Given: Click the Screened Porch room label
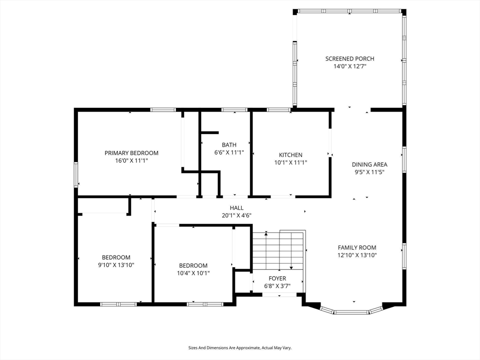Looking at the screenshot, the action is pos(350,59).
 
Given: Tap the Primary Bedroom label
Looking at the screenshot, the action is pos(131,153).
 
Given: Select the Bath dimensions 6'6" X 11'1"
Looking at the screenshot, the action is pos(229,152).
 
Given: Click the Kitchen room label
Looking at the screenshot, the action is pos(291,155).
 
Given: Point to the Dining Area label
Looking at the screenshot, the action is pos(369,165).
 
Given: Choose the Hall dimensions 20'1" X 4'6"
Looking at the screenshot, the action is pos(237,215).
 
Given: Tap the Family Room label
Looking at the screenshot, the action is pos(357,247).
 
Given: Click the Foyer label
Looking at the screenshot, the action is pos(277,278).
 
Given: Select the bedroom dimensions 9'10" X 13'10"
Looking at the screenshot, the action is pos(116,265).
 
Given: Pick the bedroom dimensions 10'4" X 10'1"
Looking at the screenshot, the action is pos(193,273).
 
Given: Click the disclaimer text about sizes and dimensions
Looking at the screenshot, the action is pos(240,348).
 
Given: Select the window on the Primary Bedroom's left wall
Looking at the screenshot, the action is pos(76,174).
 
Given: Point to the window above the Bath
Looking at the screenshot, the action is pos(234,110).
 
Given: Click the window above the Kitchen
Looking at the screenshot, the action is pos(278,110).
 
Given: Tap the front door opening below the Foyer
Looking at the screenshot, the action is pos(279,294).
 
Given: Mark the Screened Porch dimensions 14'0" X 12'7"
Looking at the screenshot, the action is pos(350,66).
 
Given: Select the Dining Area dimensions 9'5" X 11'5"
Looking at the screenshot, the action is pos(369,172).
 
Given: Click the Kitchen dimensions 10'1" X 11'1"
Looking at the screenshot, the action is pos(291,163).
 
